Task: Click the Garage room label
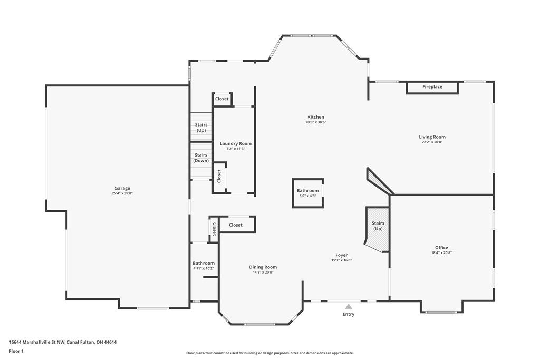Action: click(122, 188)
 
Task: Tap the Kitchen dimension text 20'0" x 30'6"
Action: click(316, 122)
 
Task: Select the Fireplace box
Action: click(432, 87)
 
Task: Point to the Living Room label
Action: click(432, 137)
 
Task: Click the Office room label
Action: click(441, 247)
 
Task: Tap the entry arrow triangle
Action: click(349, 306)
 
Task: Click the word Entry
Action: click(349, 314)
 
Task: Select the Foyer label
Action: click(342, 255)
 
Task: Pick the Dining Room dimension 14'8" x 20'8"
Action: click(263, 272)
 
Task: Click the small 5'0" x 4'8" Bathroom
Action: click(307, 193)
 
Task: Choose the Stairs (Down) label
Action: click(201, 158)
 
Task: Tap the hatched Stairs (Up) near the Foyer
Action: click(378, 229)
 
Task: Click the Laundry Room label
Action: click(236, 143)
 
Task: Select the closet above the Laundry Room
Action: click(222, 99)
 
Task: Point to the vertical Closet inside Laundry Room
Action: click(219, 177)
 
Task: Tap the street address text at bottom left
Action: click(63, 342)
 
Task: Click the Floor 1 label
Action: click(16, 352)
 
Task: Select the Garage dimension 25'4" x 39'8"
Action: click(122, 193)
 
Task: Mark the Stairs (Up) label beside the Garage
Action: click(201, 128)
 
